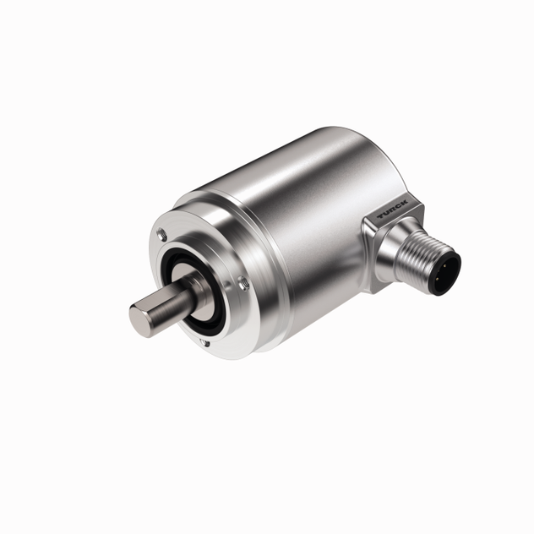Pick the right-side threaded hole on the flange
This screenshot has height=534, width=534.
[242, 283]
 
